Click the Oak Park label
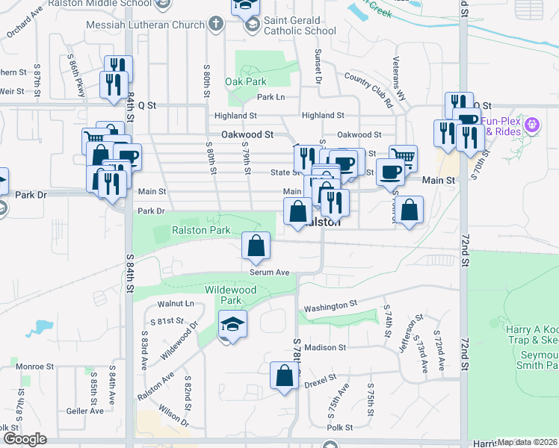point(246,81)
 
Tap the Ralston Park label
point(201,231)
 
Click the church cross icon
point(215,24)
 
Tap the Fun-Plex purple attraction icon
point(532,124)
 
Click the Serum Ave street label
point(270,273)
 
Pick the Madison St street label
point(325,347)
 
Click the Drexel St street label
point(322,385)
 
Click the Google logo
point(24,439)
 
